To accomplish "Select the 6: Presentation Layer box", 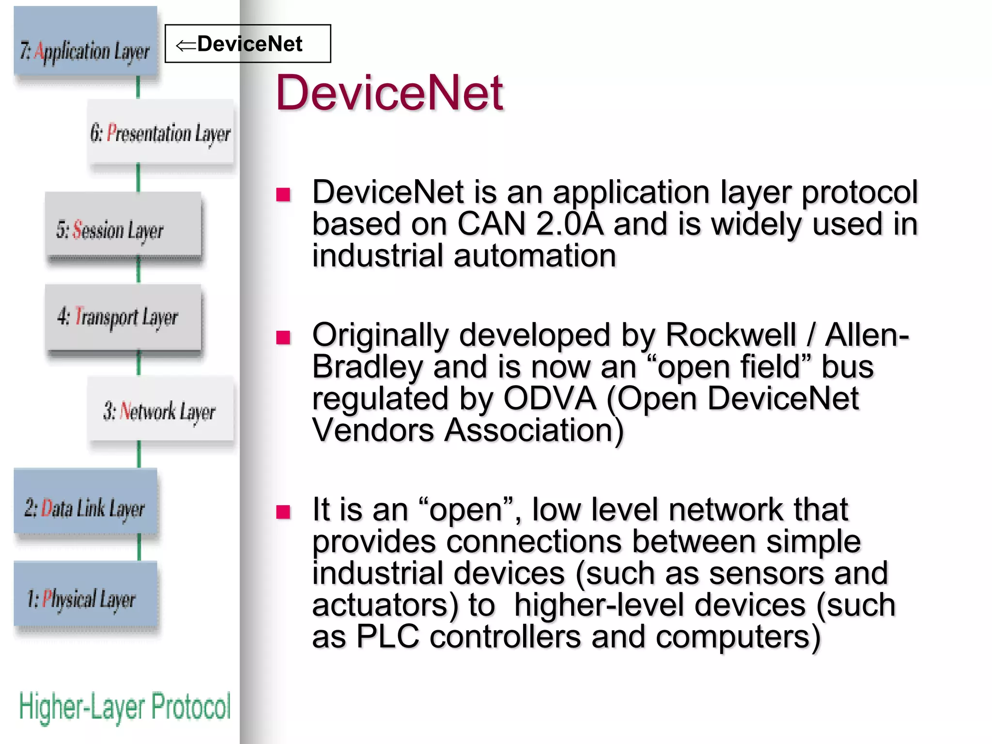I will click(x=160, y=132).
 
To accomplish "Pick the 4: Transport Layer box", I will click(x=123, y=317).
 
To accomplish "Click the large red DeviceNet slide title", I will click(x=389, y=93).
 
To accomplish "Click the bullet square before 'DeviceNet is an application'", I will click(x=283, y=195).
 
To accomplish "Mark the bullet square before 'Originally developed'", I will click(x=283, y=337).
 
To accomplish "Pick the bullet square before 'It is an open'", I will click(x=283, y=511).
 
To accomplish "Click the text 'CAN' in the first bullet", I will click(x=491, y=224).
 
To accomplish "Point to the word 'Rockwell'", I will click(x=730, y=335).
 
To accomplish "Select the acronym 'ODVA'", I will click(x=550, y=399).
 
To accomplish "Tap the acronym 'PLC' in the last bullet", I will click(x=387, y=636).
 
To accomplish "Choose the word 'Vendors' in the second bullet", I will click(x=373, y=430).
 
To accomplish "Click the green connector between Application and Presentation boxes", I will click(x=138, y=87).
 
